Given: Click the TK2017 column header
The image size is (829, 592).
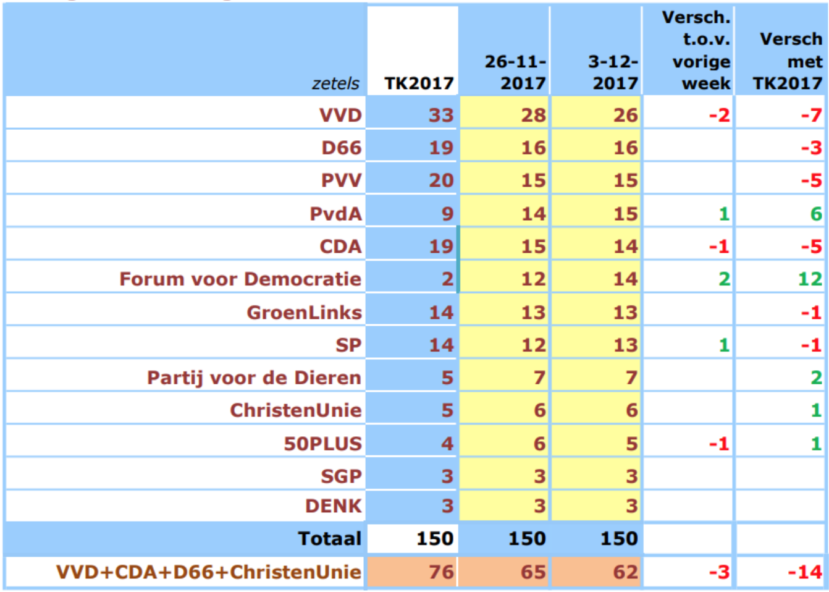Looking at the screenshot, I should (x=418, y=83).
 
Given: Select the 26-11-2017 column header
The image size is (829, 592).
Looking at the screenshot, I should (x=515, y=72).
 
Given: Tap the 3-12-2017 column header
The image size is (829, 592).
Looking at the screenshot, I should (x=613, y=72).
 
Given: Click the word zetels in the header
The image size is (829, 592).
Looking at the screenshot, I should (x=335, y=83).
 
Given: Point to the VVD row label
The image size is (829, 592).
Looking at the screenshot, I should (x=340, y=115).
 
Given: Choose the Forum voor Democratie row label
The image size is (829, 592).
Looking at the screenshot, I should (x=240, y=279).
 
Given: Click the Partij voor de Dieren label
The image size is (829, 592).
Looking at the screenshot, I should (x=254, y=377).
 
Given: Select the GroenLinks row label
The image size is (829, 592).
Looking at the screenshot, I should (x=304, y=312).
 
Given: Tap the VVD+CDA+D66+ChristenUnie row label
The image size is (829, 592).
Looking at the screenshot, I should (x=209, y=572).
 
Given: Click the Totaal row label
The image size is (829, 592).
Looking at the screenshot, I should (x=329, y=538).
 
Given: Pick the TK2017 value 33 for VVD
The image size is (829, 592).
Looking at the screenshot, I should (x=441, y=115).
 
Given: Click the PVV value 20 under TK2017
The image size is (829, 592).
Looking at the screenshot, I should (x=441, y=180).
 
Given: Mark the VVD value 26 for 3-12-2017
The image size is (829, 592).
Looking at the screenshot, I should (x=625, y=115).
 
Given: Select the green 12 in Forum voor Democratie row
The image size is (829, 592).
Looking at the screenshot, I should (x=809, y=279).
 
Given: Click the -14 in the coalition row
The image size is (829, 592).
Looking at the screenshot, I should (x=804, y=572).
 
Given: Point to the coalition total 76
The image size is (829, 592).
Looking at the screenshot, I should (x=441, y=572).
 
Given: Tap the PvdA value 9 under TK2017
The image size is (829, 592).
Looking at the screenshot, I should (x=447, y=214).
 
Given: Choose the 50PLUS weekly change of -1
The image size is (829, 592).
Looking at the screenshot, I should (x=718, y=443).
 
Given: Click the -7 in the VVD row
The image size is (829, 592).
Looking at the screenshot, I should (x=811, y=115).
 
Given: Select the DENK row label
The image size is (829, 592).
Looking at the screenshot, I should (x=333, y=505).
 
